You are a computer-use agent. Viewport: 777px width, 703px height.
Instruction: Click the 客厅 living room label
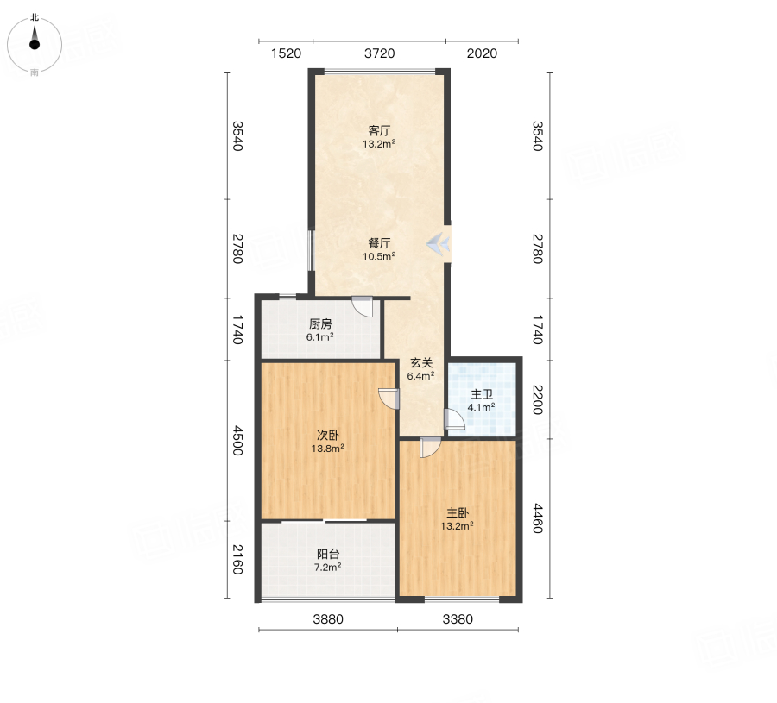pyautogui.click(x=379, y=131)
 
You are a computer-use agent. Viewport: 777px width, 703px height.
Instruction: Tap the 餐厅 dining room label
pyautogui.click(x=379, y=243)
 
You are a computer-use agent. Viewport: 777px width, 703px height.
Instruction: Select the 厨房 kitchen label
pyautogui.click(x=320, y=323)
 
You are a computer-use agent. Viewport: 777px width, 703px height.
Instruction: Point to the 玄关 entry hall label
pyautogui.click(x=421, y=363)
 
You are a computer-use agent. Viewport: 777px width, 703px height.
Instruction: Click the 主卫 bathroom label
pyautogui.click(x=482, y=394)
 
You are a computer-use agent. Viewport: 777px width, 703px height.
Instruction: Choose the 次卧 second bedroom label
pyautogui.click(x=327, y=435)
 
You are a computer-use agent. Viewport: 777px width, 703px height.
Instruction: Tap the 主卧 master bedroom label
pyautogui.click(x=458, y=513)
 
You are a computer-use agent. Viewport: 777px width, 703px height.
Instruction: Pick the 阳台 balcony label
pyautogui.click(x=327, y=554)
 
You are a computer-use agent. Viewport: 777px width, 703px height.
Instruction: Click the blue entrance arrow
pyautogui.click(x=439, y=243)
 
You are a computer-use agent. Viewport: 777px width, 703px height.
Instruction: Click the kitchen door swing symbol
pyautogui.click(x=363, y=306)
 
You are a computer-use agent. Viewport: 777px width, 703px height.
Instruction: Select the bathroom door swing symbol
pyautogui.click(x=454, y=419)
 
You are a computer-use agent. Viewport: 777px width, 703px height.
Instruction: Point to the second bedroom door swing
pyautogui.click(x=389, y=399)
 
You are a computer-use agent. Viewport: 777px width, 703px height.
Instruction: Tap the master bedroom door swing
pyautogui.click(x=430, y=447)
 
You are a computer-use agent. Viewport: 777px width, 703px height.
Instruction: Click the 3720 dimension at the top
pyautogui.click(x=380, y=53)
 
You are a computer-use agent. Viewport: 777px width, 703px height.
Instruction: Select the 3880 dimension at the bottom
pyautogui.click(x=328, y=618)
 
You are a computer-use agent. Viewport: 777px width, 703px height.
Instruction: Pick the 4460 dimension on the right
pyautogui.click(x=538, y=518)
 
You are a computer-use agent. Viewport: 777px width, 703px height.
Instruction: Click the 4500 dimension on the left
pyautogui.click(x=238, y=440)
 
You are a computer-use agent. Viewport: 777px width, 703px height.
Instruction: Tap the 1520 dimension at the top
pyautogui.click(x=286, y=53)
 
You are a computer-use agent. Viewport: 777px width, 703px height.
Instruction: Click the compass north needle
pyautogui.click(x=35, y=37)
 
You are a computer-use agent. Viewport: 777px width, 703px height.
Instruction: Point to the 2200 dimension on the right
pyautogui.click(x=538, y=399)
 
